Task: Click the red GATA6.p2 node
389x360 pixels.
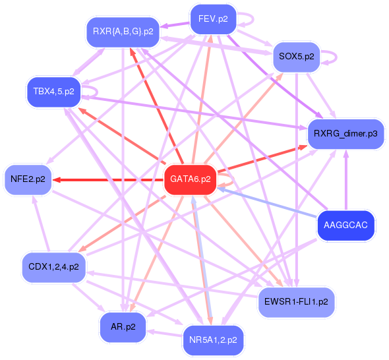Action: (x=190, y=179)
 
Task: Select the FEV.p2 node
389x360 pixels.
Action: (x=212, y=18)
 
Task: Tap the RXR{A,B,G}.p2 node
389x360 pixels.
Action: (x=123, y=31)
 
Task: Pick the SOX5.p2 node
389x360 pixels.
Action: (x=296, y=57)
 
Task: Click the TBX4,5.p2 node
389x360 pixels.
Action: (x=53, y=90)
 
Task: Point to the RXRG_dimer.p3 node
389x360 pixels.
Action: (x=345, y=134)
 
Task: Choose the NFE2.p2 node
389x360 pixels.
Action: (x=28, y=179)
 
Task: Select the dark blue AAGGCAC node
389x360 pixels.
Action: (x=345, y=225)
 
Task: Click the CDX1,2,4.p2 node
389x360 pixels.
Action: (x=53, y=267)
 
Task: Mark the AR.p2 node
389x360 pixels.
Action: (x=123, y=326)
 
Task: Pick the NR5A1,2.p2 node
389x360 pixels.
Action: (x=212, y=340)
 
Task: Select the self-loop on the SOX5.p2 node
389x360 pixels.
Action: (x=332, y=56)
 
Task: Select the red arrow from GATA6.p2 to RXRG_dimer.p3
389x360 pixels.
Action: (x=264, y=159)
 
